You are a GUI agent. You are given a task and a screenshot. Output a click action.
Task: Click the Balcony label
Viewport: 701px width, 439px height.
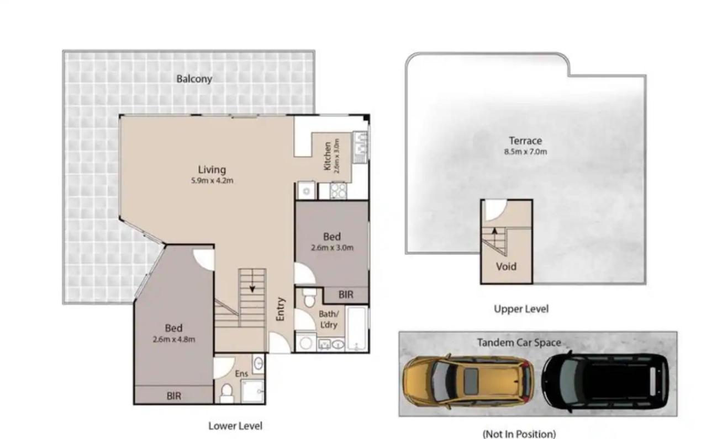[x=194, y=79]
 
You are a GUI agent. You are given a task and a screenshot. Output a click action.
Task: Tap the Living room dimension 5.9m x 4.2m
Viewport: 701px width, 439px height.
[x=212, y=180]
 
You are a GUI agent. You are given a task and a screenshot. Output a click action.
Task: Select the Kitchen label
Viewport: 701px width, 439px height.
[x=328, y=156]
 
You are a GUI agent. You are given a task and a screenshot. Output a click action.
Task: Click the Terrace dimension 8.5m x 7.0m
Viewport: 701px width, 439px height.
[x=525, y=152]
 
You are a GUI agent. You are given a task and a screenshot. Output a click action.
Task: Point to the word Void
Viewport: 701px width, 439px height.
[x=506, y=266]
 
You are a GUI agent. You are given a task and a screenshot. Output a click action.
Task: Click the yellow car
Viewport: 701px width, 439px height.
[x=468, y=381]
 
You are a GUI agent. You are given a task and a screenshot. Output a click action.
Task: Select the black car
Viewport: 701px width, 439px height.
[x=606, y=381]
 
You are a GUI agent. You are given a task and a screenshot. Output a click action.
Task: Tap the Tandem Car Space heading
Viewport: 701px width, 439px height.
[x=519, y=343]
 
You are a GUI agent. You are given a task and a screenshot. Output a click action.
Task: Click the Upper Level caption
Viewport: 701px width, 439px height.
[x=521, y=309]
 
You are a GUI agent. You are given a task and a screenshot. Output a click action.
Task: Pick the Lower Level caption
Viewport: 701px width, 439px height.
[x=235, y=426]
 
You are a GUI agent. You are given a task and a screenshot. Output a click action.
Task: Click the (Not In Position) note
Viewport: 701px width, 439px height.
[x=519, y=434]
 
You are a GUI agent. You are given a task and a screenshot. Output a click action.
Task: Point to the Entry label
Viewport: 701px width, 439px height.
[x=281, y=309]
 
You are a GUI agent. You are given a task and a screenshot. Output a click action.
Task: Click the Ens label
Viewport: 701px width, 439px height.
[x=241, y=373]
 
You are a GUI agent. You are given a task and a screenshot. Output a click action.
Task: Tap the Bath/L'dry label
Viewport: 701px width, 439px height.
[x=328, y=319]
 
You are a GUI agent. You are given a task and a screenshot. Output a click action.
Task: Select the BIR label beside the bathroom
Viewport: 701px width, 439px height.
[x=346, y=295]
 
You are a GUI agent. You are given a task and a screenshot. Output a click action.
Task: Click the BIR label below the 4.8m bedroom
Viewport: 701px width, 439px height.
[x=173, y=396]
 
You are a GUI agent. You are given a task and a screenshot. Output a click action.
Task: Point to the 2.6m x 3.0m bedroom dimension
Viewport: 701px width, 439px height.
[x=332, y=248]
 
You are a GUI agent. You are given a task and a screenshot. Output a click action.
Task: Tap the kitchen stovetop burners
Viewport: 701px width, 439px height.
[x=338, y=191]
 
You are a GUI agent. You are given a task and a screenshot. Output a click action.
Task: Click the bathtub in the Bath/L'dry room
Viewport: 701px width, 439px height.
[x=357, y=329]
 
